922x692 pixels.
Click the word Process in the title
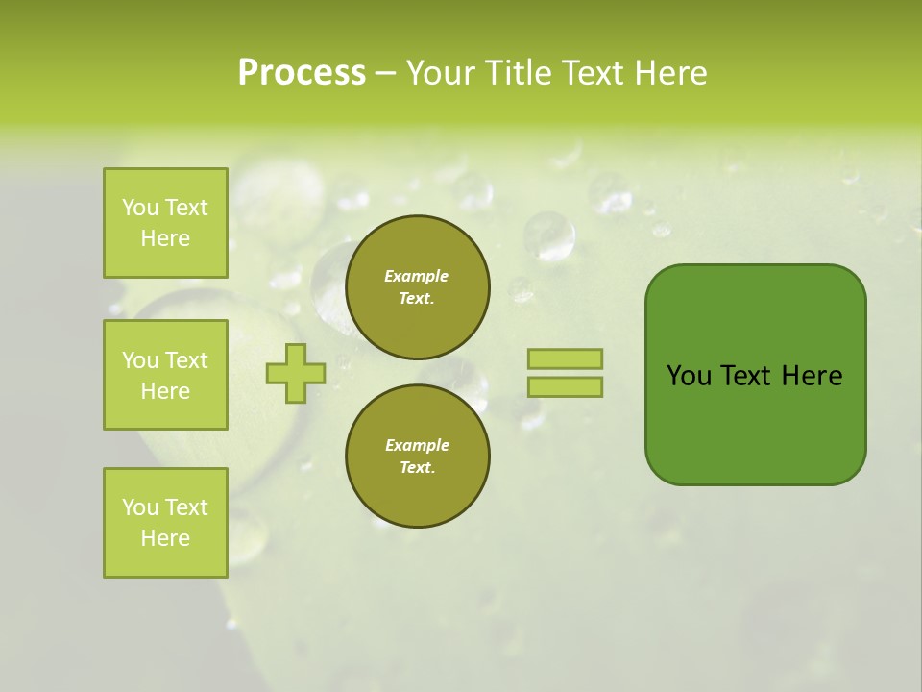(302, 73)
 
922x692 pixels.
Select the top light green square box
(165, 223)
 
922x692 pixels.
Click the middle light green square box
(165, 375)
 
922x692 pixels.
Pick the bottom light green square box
(165, 523)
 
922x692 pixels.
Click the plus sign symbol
(296, 374)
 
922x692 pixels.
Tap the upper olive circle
(417, 287)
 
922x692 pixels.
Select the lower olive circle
(417, 457)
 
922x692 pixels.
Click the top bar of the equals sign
(565, 359)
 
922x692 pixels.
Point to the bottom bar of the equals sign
(565, 387)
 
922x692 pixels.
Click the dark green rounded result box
(755, 423)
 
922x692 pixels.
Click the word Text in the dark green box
(746, 376)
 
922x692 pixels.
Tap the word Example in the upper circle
(417, 276)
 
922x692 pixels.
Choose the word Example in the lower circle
(417, 445)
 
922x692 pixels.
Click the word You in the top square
(140, 208)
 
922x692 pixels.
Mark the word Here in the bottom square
(165, 538)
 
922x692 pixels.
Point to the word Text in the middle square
(186, 360)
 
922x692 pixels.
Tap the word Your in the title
(441, 73)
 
